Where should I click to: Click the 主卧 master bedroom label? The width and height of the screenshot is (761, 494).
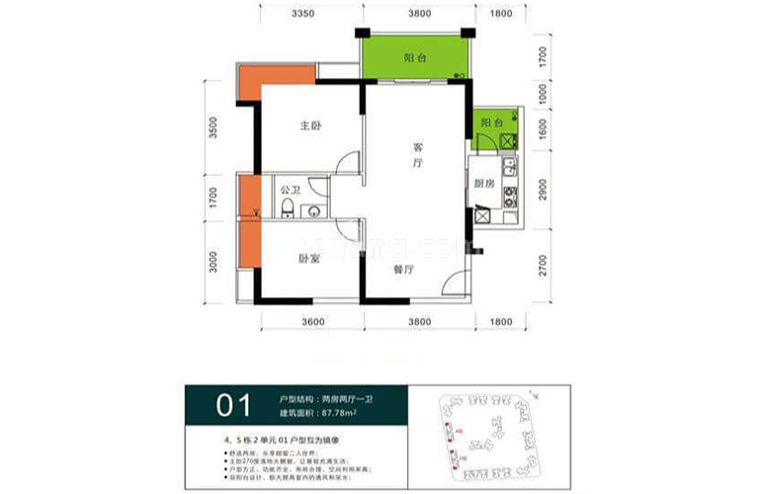pos(311,126)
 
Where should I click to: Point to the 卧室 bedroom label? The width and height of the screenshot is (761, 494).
pos(309,259)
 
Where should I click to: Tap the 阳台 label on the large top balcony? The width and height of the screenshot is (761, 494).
pos(415,58)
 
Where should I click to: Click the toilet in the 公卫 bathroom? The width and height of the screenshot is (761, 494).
pos(287,207)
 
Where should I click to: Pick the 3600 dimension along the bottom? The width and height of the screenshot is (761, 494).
pos(312,321)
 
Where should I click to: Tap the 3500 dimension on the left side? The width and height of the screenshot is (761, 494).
pos(212,130)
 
